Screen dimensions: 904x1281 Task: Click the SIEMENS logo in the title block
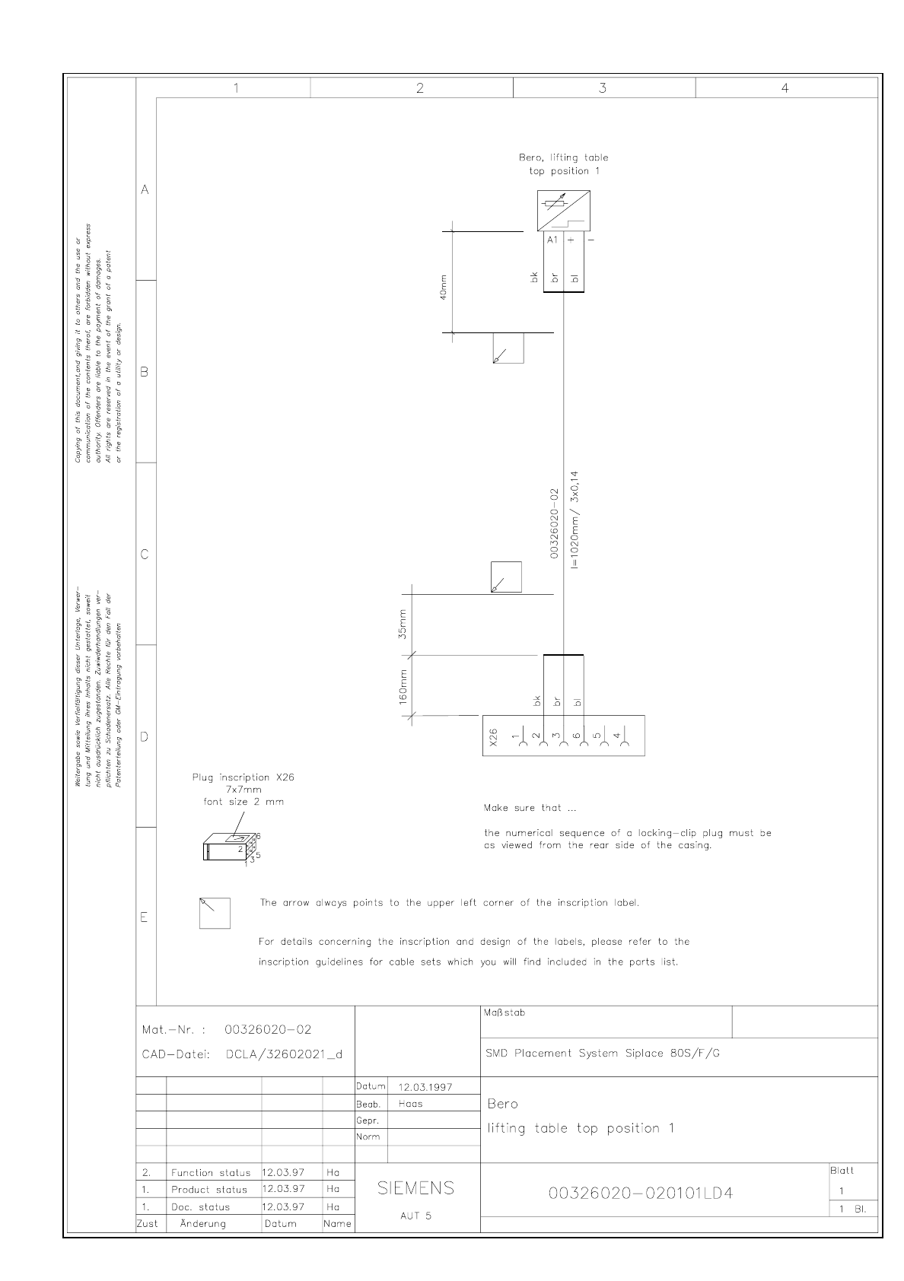coord(416,1187)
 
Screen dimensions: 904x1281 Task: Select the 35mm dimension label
coord(403,625)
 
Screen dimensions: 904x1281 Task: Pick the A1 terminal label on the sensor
coord(552,240)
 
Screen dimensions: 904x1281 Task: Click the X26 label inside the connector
coord(493,736)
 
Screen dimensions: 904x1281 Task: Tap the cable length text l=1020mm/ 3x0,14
coord(575,520)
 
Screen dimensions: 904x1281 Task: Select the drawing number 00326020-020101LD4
coord(641,1193)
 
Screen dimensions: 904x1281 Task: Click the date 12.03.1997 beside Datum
coord(425,1087)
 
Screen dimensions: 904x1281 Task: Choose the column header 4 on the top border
coord(785,88)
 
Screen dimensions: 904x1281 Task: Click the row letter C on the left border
coord(145,555)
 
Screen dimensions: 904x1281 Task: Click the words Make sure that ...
coord(524,808)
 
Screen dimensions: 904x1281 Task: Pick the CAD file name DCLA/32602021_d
coord(284,1054)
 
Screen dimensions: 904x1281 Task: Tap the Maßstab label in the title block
coord(504,1012)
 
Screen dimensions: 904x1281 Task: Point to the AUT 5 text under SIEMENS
coord(415,1216)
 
